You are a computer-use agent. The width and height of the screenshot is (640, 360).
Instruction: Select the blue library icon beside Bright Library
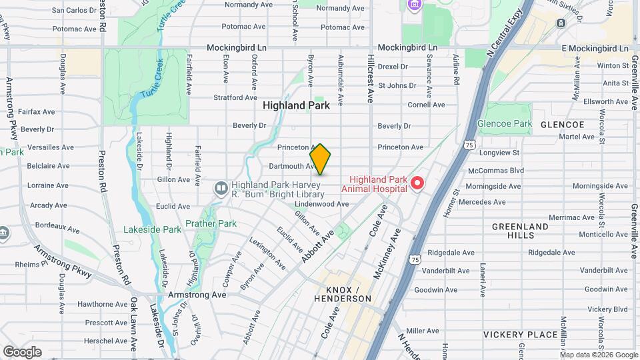220,189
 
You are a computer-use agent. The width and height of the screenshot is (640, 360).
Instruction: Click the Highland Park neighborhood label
296,105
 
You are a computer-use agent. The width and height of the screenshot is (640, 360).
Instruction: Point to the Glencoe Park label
505,123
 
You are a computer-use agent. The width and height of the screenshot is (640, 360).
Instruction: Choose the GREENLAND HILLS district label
520,231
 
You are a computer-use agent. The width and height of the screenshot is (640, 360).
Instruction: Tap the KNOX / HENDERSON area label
348,294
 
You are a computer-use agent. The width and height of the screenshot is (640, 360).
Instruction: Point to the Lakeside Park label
152,229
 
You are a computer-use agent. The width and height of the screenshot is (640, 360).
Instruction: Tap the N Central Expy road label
505,33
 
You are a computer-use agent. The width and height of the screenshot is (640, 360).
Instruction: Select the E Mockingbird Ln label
595,49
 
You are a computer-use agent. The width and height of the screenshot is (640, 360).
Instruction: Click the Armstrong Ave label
199,295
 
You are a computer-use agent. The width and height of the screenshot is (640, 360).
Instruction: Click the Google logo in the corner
22,351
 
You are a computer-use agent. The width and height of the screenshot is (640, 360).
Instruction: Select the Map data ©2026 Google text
598,355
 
